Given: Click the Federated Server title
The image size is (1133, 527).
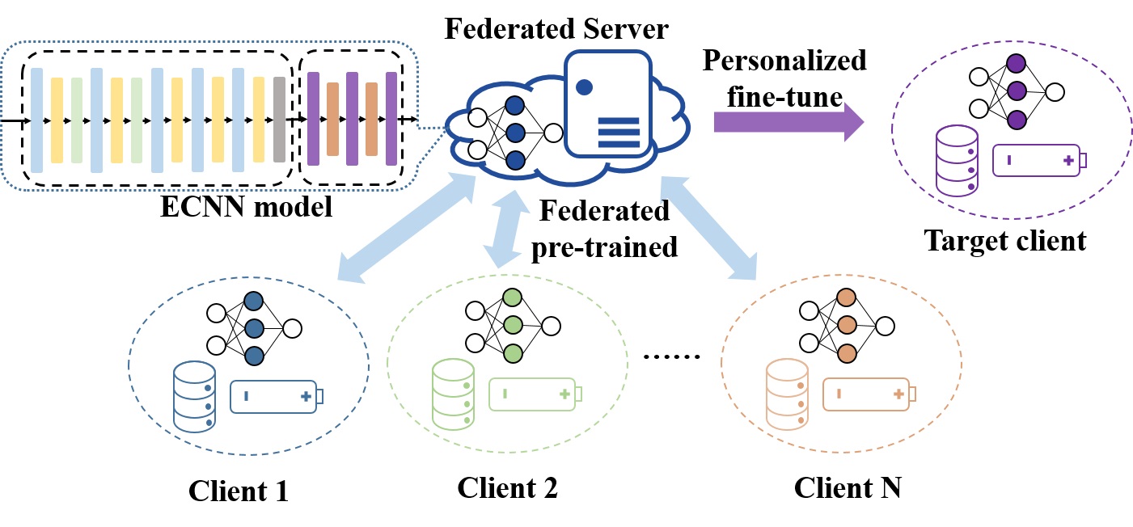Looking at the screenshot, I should pyautogui.click(x=557, y=30).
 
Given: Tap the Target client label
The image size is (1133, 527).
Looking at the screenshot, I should pyautogui.click(x=1005, y=240).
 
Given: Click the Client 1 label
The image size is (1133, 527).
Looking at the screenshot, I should pyautogui.click(x=239, y=491).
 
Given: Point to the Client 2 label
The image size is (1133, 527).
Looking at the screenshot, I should pyautogui.click(x=507, y=487).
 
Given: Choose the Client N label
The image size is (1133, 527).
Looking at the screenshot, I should pyautogui.click(x=847, y=487).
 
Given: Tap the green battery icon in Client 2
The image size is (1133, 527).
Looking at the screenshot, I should pyautogui.click(x=535, y=394).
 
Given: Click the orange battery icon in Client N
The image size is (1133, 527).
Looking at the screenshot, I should pyautogui.click(x=869, y=394).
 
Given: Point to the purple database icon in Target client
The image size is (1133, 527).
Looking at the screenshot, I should pyautogui.click(x=957, y=159).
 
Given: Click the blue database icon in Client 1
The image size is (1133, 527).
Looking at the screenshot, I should pyautogui.click(x=194, y=398).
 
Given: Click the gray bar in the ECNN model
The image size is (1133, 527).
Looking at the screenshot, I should pyautogui.click(x=279, y=119).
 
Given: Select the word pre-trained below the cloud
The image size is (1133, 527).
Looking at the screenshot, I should pyautogui.click(x=603, y=246).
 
